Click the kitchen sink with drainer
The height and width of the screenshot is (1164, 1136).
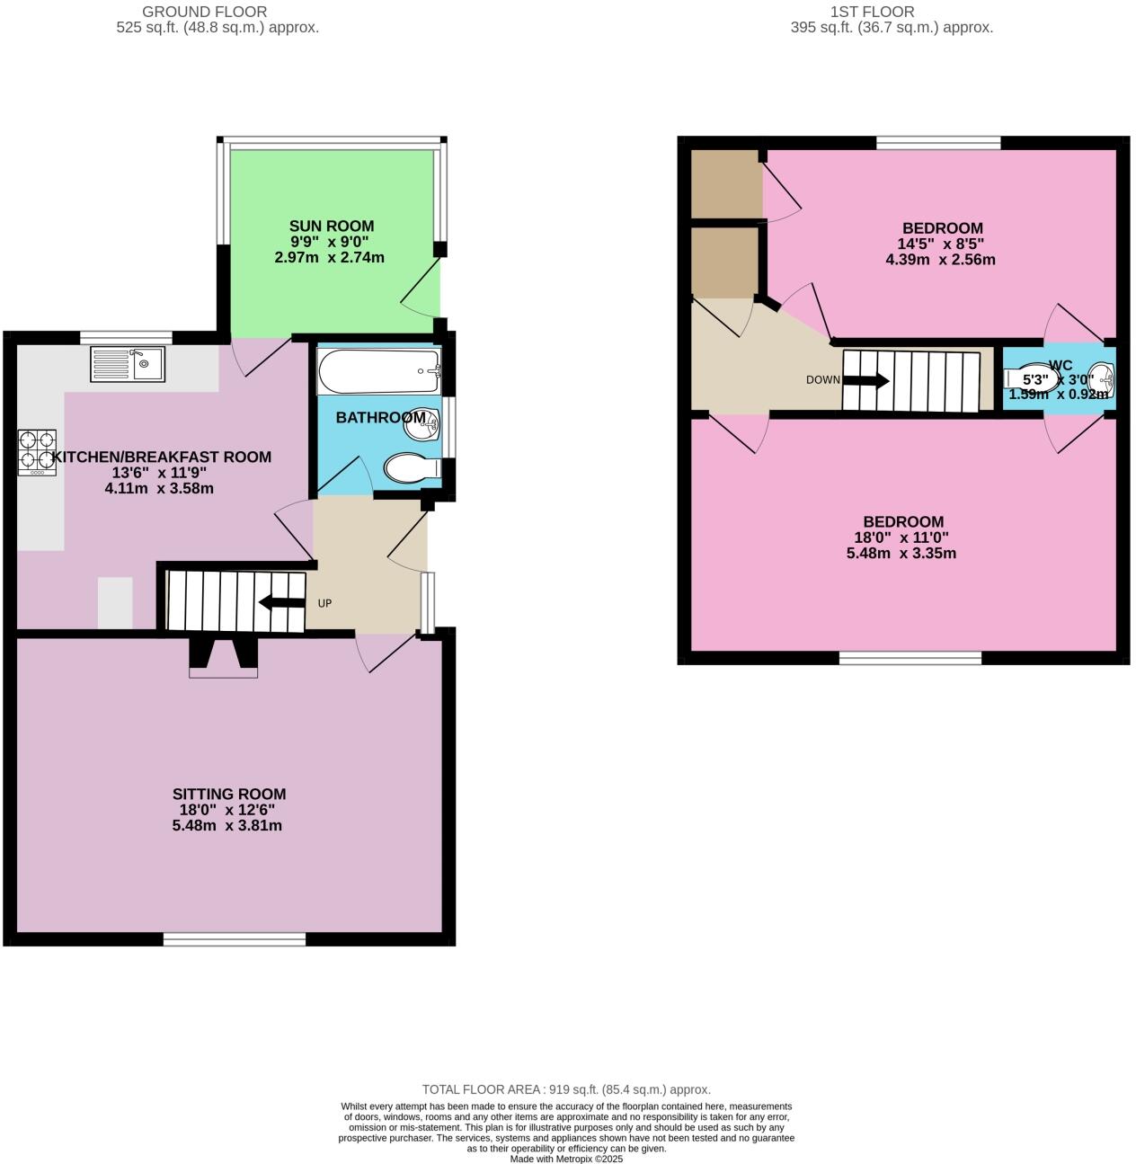127,364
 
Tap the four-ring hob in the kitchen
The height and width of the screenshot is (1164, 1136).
37,451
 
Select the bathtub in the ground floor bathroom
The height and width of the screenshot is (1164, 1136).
378,371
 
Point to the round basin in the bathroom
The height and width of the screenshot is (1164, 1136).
421,423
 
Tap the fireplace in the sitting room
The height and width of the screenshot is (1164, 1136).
223,657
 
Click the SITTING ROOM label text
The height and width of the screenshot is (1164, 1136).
229,794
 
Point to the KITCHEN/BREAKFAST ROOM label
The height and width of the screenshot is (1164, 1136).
162,457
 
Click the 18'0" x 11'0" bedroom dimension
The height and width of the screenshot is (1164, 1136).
901,538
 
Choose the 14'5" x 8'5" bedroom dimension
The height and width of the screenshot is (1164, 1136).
941,244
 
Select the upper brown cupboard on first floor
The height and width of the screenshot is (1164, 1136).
725,183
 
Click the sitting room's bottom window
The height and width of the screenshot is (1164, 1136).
235,939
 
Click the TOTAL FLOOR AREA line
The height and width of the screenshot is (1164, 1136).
566,1089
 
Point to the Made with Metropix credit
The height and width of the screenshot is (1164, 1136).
566,1159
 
